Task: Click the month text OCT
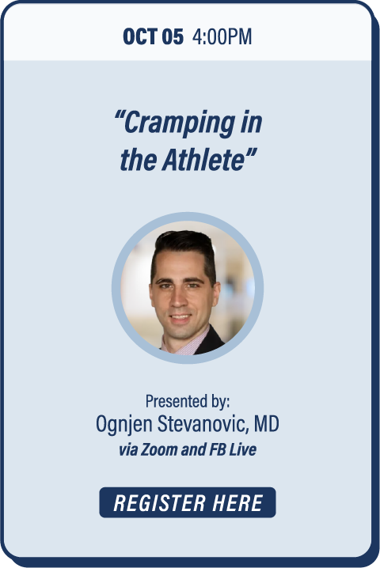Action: pyautogui.click(x=140, y=36)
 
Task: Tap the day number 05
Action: pyautogui.click(x=173, y=36)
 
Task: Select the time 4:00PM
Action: pyautogui.click(x=222, y=36)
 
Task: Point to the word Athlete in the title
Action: pyautogui.click(x=204, y=160)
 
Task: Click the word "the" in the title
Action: pyautogui.click(x=139, y=160)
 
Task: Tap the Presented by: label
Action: pyautogui.click(x=188, y=401)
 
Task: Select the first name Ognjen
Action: pyautogui.click(x=123, y=424)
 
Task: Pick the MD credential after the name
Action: pyautogui.click(x=267, y=423)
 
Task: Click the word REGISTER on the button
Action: pyautogui.click(x=159, y=503)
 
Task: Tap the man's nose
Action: pyautogui.click(x=178, y=301)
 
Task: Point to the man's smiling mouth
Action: pyautogui.click(x=180, y=318)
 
